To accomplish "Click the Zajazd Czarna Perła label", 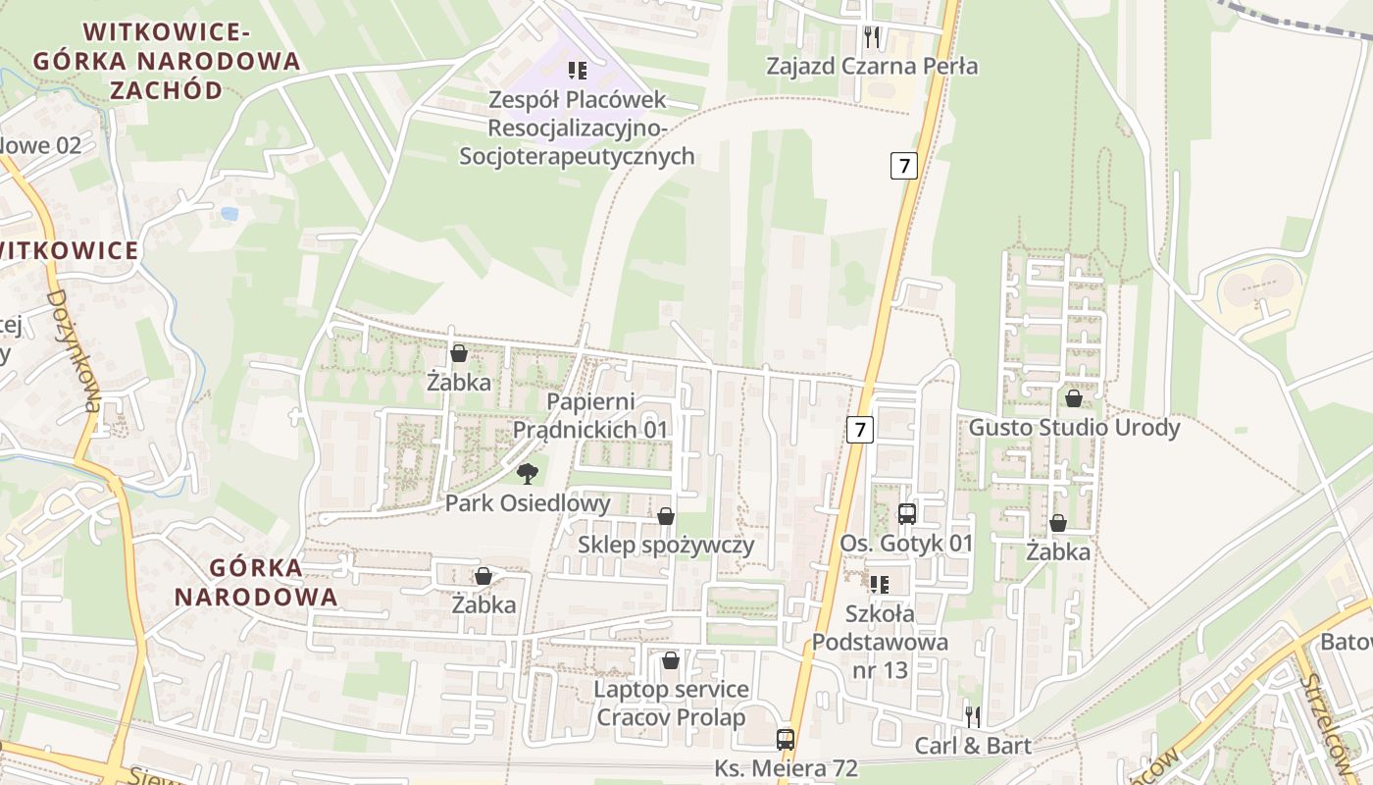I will pos(872,67).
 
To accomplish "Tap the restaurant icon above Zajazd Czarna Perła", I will pos(872,37).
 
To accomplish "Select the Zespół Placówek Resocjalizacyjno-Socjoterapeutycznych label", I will pos(578,129).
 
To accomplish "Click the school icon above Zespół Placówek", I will pos(578,71).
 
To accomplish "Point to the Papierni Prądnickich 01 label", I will pos(590,416).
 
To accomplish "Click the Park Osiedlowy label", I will pos(528,504).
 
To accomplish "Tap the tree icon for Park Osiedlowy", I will pos(528,475).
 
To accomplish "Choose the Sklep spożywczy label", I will pos(666,546).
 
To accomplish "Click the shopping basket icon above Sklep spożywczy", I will pos(666,516).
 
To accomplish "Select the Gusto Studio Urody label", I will pos(1074,428).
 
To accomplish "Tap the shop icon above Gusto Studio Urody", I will pos(1074,398).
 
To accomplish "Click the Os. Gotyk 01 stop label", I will pos(906,544).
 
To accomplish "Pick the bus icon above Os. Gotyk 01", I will pos(906,513).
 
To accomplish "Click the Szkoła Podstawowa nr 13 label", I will pos(880,643).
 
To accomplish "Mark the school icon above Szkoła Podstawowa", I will pos(879,585).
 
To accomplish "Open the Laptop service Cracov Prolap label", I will pos(671,704).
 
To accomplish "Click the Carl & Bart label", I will pos(973,746).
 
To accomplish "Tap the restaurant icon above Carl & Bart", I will pos(973,716).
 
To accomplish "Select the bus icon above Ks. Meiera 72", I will pos(786,739).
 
